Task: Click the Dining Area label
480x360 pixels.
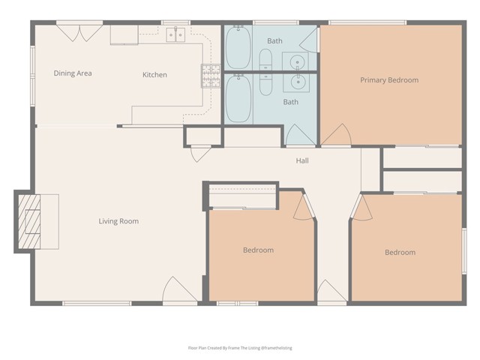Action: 73,73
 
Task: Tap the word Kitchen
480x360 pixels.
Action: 154,74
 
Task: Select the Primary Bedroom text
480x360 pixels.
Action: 388,79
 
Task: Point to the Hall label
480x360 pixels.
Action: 302,160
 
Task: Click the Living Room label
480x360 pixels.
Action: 118,221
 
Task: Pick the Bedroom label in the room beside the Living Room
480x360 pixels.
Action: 258,250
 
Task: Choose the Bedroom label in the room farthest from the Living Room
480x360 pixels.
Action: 400,252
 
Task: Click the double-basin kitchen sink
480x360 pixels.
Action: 176,34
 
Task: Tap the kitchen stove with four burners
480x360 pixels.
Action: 210,75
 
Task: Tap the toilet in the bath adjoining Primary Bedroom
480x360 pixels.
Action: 266,59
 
